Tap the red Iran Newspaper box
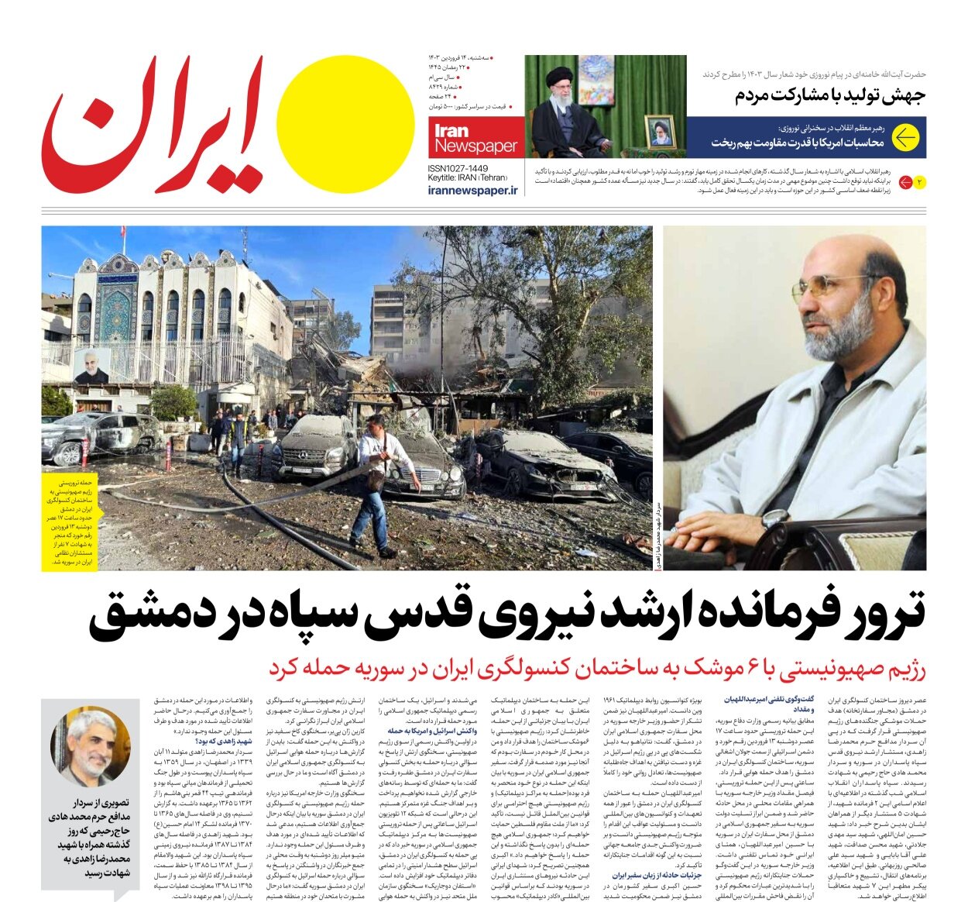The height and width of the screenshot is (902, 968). coord(475,138)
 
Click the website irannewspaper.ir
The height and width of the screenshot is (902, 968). coord(472,190)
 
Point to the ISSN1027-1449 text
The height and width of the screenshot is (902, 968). coord(458,167)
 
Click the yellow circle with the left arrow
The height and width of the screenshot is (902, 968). coord(904,138)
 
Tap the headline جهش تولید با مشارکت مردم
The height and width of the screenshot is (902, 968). coord(829,96)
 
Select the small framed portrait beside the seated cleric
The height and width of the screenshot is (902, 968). coord(660,131)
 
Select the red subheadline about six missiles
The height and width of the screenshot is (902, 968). coord(596,668)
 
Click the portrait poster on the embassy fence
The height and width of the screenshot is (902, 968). coord(91,366)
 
